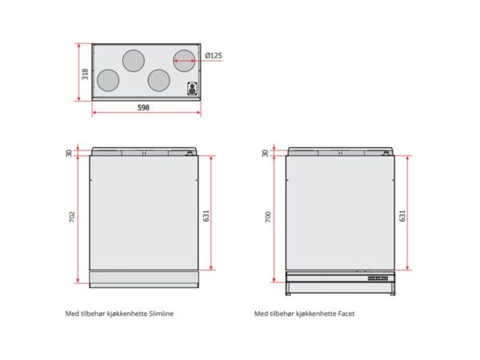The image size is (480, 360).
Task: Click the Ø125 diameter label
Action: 214,56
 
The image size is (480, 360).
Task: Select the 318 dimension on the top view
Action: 85,74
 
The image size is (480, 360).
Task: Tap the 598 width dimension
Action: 143,108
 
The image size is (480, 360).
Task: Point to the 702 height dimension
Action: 72,217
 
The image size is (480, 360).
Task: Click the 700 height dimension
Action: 268,217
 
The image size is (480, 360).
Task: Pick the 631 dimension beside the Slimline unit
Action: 206,216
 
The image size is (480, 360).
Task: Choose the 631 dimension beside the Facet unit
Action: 402,216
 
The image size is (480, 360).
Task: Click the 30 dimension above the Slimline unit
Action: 69,153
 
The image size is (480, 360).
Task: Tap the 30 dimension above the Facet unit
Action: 265,153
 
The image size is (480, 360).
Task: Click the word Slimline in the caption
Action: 162,314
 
